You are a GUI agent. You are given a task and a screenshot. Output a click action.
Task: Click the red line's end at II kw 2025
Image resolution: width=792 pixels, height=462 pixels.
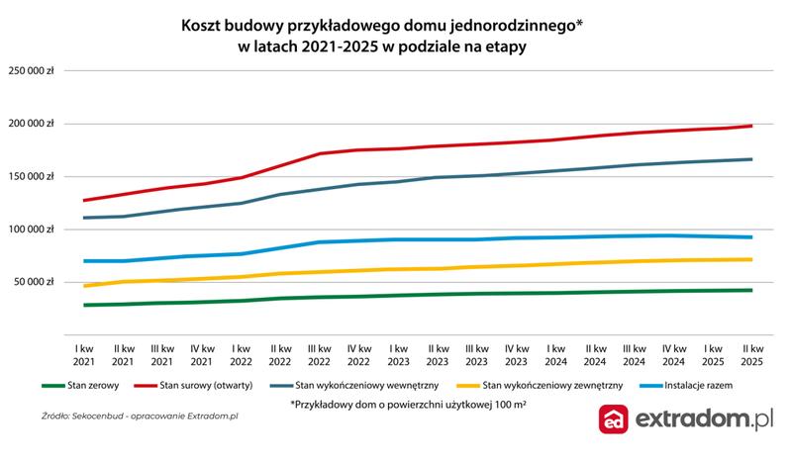(x=751, y=126)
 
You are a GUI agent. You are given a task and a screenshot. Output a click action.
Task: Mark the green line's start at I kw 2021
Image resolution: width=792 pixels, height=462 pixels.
(x=85, y=305)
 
